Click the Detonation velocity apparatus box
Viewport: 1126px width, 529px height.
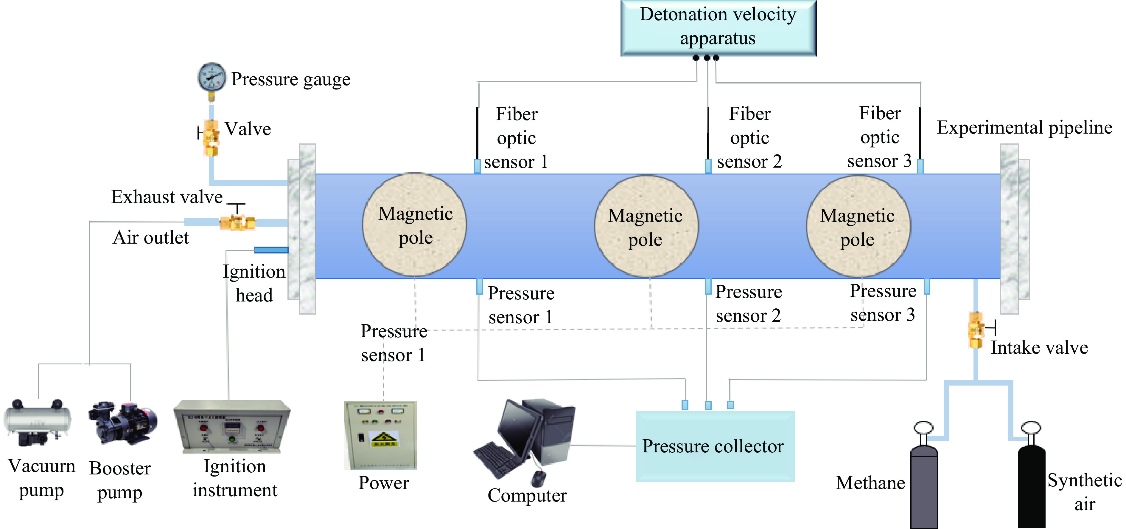click(x=718, y=27)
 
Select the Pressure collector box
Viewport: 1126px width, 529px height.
click(x=715, y=446)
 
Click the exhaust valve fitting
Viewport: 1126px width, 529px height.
click(x=237, y=222)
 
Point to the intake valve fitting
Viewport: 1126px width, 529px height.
click(x=976, y=330)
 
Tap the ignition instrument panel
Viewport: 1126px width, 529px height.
click(x=232, y=427)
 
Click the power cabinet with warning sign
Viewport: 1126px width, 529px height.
click(x=381, y=435)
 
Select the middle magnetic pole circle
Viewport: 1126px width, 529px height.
click(x=646, y=226)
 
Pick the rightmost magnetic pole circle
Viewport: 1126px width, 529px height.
click(x=859, y=226)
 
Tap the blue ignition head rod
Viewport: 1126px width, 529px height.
click(x=271, y=250)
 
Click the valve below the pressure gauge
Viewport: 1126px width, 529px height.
click(x=211, y=138)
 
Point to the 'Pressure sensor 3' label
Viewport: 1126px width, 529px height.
click(x=883, y=303)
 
